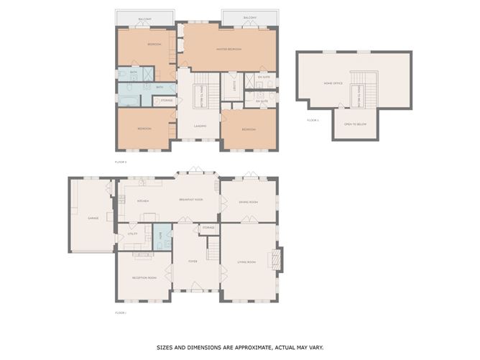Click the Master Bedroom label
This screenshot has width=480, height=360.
pyautogui.click(x=229, y=49)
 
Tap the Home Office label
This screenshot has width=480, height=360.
pyautogui.click(x=332, y=83)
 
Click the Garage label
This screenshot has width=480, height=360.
pyautogui.click(x=93, y=216)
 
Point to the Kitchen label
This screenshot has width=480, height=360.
pyautogui.click(x=142, y=201)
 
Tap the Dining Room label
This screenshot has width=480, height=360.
pyautogui.click(x=249, y=202)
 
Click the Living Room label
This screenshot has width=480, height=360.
pyautogui.click(x=246, y=262)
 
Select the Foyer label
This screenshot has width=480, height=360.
pyautogui.click(x=193, y=261)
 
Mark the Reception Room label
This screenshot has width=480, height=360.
pyautogui.click(x=144, y=277)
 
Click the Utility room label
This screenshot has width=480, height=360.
pyautogui.click(x=132, y=234)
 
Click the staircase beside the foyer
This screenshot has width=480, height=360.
pyautogui.click(x=213, y=249)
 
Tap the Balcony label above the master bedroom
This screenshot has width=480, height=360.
pyautogui.click(x=249, y=17)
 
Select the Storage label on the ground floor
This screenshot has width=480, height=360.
pyautogui.click(x=208, y=228)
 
